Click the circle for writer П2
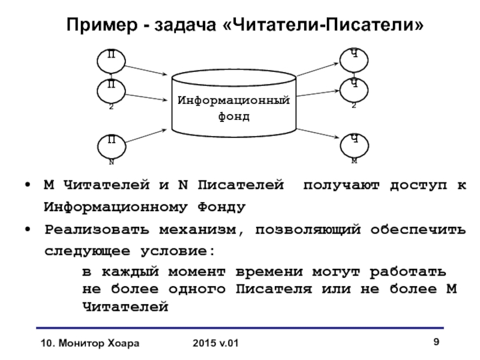click(111, 91)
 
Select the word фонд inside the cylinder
click(234, 116)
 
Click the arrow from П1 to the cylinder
click(147, 68)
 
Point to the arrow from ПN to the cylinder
click(147, 136)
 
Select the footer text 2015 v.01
click(216, 343)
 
